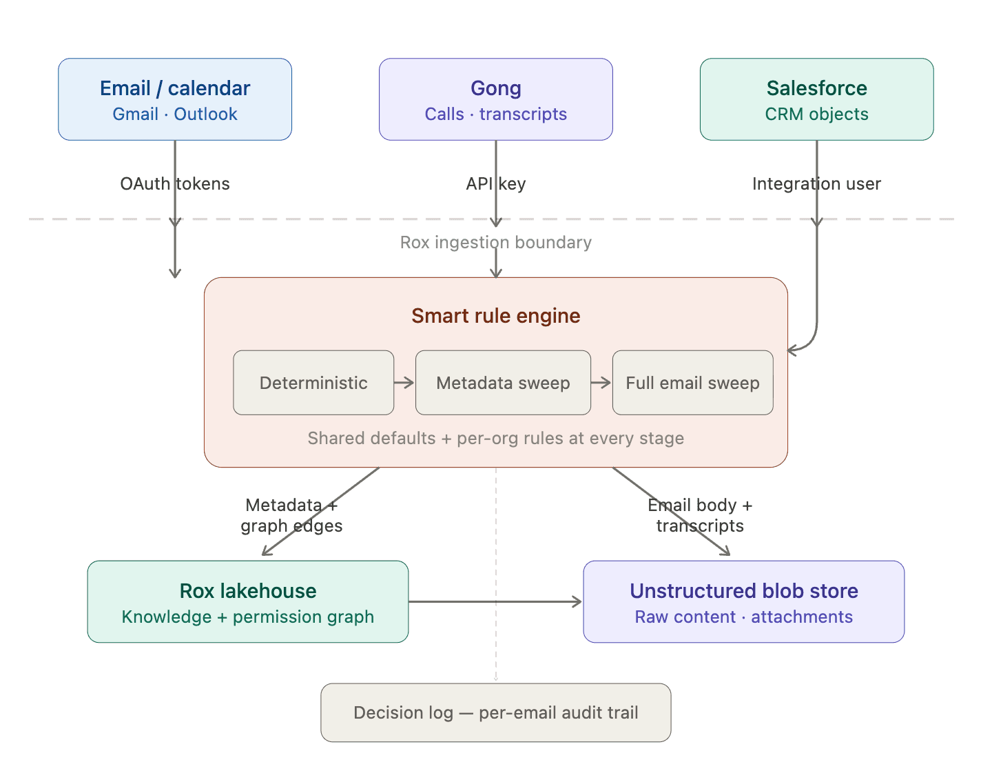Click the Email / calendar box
pyautogui.click(x=175, y=99)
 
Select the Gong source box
pyautogui.click(x=495, y=99)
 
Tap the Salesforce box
pyautogui.click(x=816, y=99)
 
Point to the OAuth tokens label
pyautogui.click(x=175, y=184)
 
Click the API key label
pyautogui.click(x=495, y=184)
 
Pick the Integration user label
pyautogui.click(x=816, y=184)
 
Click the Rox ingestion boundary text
pyautogui.click(x=495, y=243)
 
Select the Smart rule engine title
pyautogui.click(x=495, y=316)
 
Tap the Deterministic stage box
pyautogui.click(x=313, y=383)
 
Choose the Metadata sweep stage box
pyautogui.click(x=503, y=383)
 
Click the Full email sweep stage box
pyautogui.click(x=692, y=383)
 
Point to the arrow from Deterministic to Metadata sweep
pyautogui.click(x=404, y=383)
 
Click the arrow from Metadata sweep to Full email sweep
pyautogui.click(x=601, y=383)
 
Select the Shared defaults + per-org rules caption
pyautogui.click(x=495, y=439)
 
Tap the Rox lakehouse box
pyautogui.click(x=248, y=602)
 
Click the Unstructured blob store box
pyautogui.click(x=744, y=602)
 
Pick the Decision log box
pyautogui.click(x=495, y=713)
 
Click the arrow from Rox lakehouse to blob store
pyautogui.click(x=495, y=602)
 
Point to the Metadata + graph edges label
pyautogui.click(x=291, y=516)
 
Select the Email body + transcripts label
pyautogui.click(x=700, y=516)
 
